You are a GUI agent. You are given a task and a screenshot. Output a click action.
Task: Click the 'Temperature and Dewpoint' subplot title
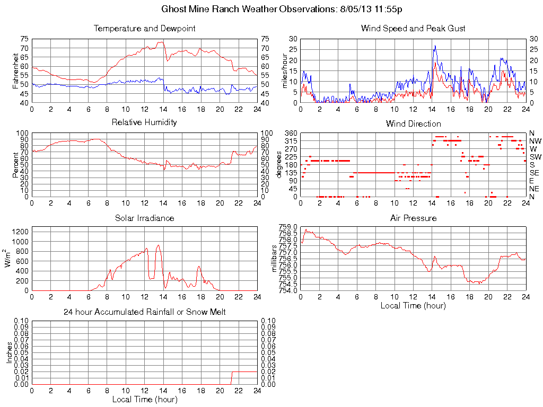click(144, 28)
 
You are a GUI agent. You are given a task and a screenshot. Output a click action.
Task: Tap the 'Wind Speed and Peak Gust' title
click(413, 28)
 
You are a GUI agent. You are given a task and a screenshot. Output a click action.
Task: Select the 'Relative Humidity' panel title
click(144, 122)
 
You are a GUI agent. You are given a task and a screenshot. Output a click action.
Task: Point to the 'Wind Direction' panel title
click(413, 123)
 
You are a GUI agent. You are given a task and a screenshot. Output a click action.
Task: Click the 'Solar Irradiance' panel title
click(144, 218)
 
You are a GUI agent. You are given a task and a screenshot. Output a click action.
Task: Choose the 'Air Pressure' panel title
click(413, 218)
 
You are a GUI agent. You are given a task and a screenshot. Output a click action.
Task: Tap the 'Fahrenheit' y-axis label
click(15, 70)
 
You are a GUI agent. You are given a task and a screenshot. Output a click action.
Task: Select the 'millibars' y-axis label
click(274, 259)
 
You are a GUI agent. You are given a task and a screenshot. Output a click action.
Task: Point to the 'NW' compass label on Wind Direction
click(535, 141)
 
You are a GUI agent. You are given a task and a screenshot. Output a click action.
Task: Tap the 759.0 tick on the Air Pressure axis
click(287, 227)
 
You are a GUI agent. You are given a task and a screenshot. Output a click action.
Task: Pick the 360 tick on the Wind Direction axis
click(290, 133)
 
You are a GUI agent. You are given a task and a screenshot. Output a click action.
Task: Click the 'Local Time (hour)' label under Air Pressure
click(413, 305)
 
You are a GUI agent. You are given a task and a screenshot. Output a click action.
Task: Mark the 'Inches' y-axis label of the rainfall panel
click(9, 352)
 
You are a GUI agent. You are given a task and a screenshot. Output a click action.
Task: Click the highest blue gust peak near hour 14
click(435, 46)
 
